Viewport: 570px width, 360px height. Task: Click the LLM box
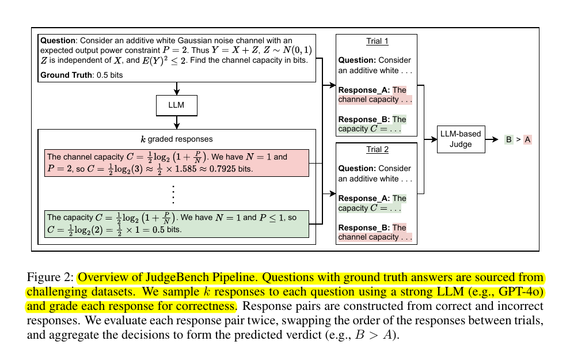(177, 105)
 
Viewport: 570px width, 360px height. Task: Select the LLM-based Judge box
(459, 139)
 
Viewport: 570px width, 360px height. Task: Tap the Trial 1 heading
(377, 41)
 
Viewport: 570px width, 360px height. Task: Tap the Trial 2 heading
(377, 150)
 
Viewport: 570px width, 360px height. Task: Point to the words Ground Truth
(64, 75)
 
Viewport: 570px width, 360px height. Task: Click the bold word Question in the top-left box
(58, 41)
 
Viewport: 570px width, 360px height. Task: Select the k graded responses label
(176, 139)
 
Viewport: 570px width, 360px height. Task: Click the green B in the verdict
(508, 139)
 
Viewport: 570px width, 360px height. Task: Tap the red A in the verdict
(527, 139)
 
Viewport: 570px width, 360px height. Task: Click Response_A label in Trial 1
(364, 90)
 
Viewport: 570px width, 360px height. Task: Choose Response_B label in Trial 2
(364, 228)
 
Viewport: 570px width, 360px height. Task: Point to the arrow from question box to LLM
(177, 89)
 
